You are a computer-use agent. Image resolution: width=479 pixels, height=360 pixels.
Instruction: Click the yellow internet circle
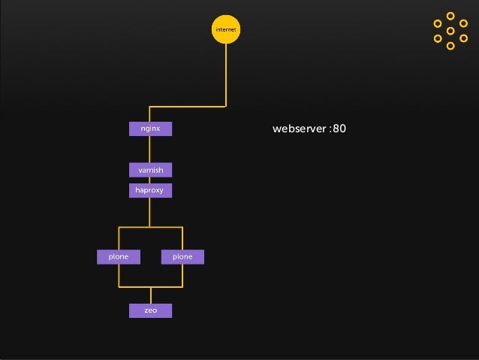coord(225,29)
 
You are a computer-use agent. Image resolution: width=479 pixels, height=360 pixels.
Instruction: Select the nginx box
coord(150,129)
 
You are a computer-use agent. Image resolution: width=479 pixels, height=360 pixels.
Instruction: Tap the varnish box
coord(150,170)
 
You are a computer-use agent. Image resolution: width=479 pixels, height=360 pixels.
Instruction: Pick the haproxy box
coord(150,191)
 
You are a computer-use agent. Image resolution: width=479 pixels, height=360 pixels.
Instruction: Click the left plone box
coord(119,257)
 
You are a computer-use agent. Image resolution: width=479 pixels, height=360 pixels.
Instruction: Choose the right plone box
coord(182,257)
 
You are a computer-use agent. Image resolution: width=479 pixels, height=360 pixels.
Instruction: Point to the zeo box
coord(150,310)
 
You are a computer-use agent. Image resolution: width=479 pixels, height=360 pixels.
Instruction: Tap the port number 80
coord(339,129)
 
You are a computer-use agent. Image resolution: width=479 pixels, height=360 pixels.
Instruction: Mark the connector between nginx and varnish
coord(150,150)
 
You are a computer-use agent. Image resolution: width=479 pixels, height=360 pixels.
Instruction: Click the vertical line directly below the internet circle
coord(225,75)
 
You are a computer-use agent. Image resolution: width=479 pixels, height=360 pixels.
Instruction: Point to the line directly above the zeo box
coord(150,295)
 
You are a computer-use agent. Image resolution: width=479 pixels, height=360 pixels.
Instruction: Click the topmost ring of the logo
coord(450,16)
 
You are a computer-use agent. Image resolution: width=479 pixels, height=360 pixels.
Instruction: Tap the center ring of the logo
coord(450,31)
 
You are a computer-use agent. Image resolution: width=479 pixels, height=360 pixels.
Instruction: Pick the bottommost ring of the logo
coord(450,46)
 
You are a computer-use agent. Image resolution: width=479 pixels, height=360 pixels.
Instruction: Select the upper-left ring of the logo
coord(438,23)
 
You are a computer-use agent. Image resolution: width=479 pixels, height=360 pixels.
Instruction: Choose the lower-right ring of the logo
coord(463,38)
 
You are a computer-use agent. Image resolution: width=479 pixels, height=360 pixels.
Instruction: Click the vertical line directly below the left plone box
coord(119,275)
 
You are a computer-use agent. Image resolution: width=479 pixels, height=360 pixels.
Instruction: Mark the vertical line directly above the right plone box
coord(182,238)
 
